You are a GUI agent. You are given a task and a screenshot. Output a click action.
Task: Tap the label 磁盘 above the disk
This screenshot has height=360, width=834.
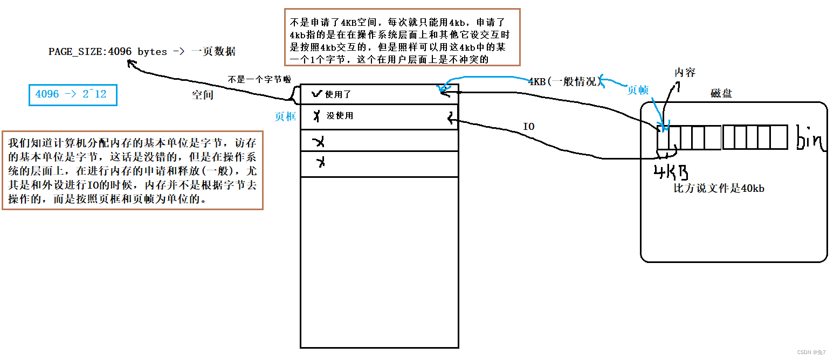coord(721,94)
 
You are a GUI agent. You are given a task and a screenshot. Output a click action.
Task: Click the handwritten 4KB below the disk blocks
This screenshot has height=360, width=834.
coord(671,173)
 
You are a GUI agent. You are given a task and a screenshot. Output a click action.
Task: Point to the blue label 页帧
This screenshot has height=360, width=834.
coord(638,91)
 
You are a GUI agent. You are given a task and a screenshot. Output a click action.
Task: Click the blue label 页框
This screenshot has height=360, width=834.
coord(286,116)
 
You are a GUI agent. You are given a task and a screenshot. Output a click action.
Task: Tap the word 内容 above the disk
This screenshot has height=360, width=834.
coord(685,72)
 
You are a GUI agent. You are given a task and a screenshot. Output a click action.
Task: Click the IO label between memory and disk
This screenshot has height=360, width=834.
coord(529,126)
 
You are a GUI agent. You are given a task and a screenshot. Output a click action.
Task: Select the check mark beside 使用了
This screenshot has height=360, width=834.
coord(316,94)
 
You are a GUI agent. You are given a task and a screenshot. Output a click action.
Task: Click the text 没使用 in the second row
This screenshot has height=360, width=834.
coord(340,115)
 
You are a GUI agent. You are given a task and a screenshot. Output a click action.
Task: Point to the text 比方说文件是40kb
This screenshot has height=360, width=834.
coord(719,189)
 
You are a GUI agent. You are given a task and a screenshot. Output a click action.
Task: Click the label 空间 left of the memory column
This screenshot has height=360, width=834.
coord(203,95)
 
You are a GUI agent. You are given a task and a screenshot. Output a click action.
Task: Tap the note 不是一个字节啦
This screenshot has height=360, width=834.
coord(259,79)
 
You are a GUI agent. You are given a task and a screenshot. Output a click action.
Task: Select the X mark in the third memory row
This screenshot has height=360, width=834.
coord(319,142)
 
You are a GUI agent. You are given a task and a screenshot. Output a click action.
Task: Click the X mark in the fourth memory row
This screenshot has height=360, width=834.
coord(321,162)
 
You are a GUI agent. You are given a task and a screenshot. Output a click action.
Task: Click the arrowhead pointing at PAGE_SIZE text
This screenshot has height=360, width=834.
coord(130,64)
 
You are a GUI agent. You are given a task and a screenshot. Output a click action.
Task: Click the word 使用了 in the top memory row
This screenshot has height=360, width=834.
coord(338,94)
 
